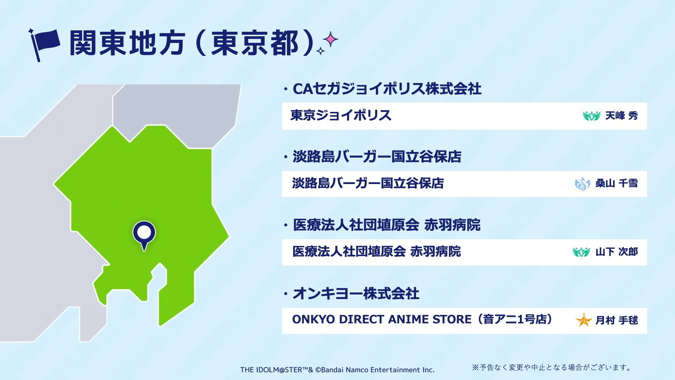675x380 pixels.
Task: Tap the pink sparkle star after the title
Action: [x=331, y=39]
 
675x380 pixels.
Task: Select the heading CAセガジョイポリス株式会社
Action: [x=387, y=89]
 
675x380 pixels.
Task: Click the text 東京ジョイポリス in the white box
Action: [x=341, y=115]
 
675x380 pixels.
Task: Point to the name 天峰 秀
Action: [x=621, y=116]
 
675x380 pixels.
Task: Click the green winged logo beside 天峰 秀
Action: [x=591, y=116]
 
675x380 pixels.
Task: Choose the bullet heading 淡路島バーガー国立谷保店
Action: [x=377, y=157]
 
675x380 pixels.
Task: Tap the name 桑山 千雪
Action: [x=616, y=183]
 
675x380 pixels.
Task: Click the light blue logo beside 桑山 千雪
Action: [x=582, y=184]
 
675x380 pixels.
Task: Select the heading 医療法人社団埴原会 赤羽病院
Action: [x=387, y=225]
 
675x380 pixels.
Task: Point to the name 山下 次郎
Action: [x=616, y=252]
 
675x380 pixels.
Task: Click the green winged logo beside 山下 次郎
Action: [x=581, y=252]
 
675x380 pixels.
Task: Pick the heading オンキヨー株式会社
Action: [x=356, y=293]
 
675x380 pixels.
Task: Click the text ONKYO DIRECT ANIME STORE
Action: [x=382, y=319]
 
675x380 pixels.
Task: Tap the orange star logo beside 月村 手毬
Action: [x=584, y=320]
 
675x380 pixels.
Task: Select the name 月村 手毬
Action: [x=616, y=321]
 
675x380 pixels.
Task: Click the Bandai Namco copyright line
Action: [x=337, y=370]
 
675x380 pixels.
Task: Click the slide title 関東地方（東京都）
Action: [x=192, y=43]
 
